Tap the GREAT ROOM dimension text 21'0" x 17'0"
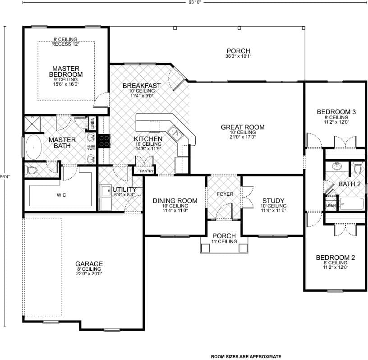point(243,137)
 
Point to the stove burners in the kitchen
point(103,141)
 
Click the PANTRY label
point(147,171)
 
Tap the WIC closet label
point(61,195)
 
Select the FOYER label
point(224,194)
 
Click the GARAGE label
point(89,264)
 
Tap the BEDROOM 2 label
point(335,258)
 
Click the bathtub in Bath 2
point(351,204)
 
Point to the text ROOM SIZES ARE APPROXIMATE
point(246,356)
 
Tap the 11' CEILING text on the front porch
point(224,242)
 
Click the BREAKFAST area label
point(142,86)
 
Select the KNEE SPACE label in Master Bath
point(91,147)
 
